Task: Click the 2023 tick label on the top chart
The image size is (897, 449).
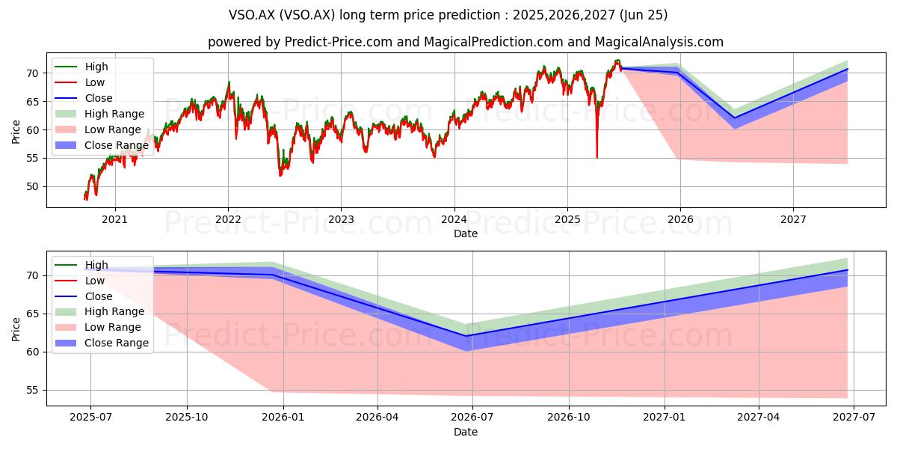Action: click(x=341, y=220)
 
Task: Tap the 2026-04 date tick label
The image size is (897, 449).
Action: click(x=377, y=418)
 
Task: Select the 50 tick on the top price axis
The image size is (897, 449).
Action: click(x=33, y=187)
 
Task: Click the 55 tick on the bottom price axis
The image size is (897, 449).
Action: click(x=33, y=391)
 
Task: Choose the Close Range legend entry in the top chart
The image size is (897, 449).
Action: click(x=102, y=145)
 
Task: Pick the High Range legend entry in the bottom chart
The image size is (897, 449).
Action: click(x=99, y=311)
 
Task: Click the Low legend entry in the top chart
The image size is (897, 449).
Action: click(x=80, y=82)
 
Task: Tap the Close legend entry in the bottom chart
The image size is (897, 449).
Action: click(x=84, y=296)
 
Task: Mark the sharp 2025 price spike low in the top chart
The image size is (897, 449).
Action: click(x=597, y=158)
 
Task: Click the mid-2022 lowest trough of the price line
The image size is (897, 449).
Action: click(x=280, y=175)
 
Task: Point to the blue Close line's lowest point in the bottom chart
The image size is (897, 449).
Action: click(x=466, y=336)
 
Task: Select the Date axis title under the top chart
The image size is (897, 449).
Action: click(x=465, y=233)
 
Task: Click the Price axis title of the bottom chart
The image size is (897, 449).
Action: click(x=16, y=329)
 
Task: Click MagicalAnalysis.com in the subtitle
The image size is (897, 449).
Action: click(x=659, y=42)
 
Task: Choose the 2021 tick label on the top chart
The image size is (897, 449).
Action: click(x=114, y=220)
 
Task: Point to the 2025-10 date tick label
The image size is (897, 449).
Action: click(x=187, y=418)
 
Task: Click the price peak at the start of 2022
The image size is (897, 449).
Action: click(x=229, y=82)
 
